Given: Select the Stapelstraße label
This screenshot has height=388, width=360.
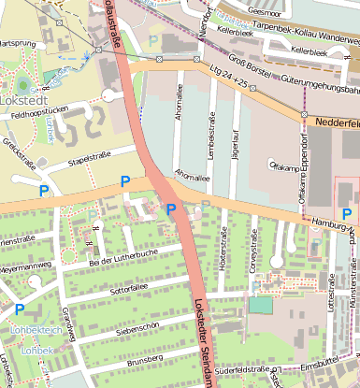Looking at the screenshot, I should click(x=90, y=154).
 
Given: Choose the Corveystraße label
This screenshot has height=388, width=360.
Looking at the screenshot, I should click(x=252, y=253).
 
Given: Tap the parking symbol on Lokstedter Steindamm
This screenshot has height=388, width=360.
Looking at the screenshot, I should click(x=170, y=209).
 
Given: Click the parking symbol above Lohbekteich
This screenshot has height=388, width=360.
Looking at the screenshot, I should click(x=20, y=309).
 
